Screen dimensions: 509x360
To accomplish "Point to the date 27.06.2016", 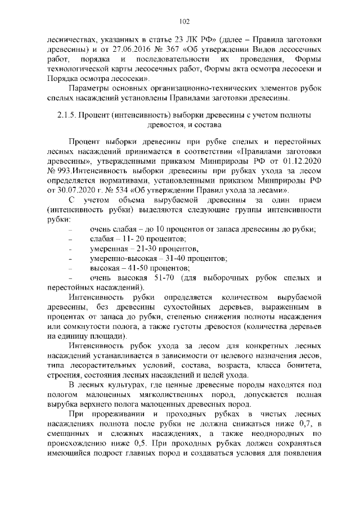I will (116, 49).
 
